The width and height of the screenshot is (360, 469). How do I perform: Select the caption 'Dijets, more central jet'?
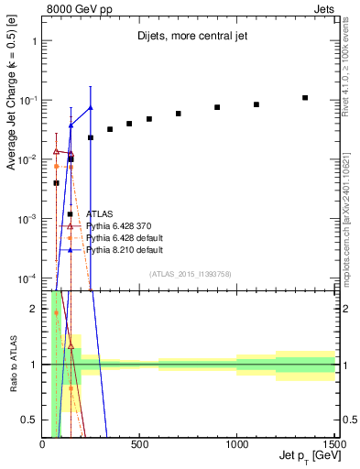pos(189,37)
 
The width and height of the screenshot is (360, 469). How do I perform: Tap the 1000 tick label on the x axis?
pos(236,444)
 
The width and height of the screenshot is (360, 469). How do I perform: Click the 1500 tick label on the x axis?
pos(333,444)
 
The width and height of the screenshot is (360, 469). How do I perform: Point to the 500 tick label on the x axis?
pos(139,444)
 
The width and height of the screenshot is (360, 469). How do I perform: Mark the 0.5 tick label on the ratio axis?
pos(32,420)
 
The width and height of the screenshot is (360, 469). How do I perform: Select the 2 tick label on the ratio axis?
pos(35,309)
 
